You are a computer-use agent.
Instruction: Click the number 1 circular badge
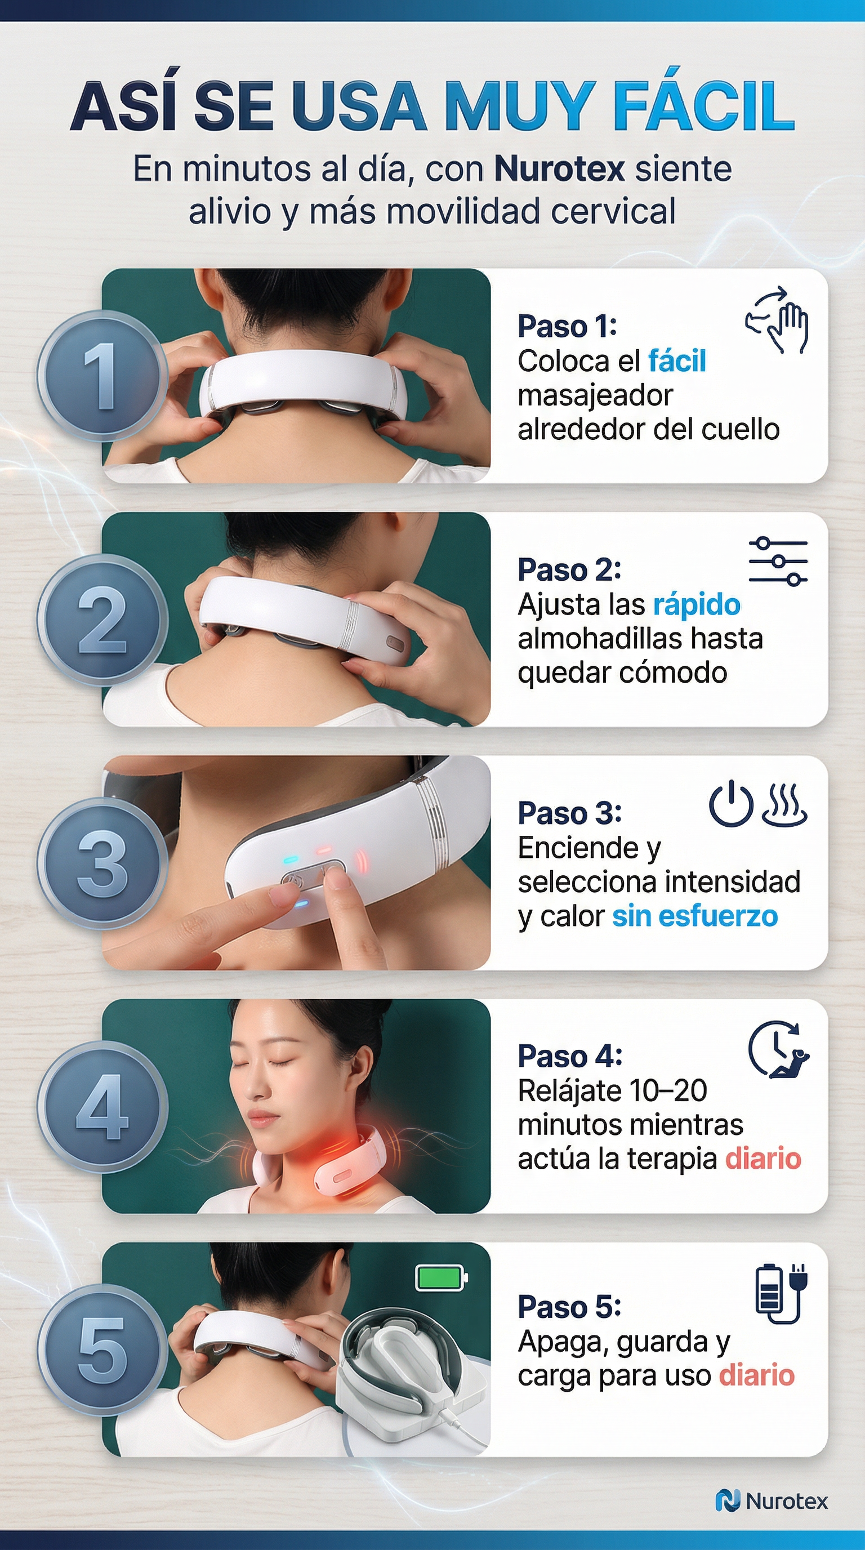tap(102, 377)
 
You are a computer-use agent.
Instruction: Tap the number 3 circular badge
tap(102, 864)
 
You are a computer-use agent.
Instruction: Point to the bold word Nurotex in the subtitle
tap(559, 168)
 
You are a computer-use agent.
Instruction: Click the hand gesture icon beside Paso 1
tap(777, 319)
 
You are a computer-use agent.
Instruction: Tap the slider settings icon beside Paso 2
tap(778, 561)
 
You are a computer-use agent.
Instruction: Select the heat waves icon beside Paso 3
tap(784, 804)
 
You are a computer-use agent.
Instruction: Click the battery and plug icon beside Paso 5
tap(780, 1294)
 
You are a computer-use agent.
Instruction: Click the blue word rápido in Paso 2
tap(697, 605)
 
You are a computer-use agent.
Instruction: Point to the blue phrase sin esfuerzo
tap(695, 916)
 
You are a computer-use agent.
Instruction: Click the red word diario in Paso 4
tap(763, 1159)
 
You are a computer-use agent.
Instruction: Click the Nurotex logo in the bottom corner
tap(772, 1500)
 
